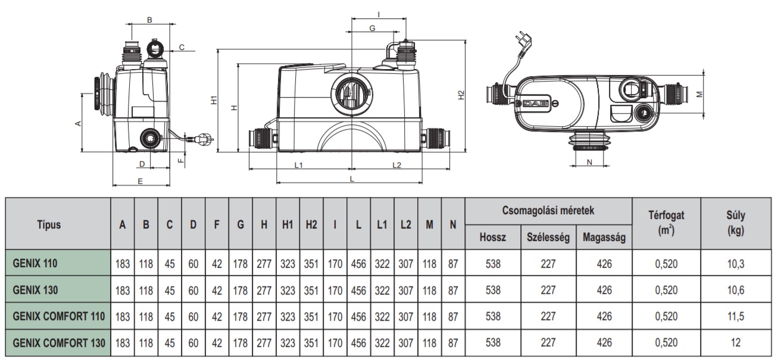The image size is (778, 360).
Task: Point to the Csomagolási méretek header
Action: point(548,210)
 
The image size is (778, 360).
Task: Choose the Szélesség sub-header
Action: point(548,237)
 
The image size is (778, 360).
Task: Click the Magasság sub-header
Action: point(604,237)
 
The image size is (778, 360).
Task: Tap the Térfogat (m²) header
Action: point(666,224)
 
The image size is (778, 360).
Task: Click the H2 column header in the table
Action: point(311,224)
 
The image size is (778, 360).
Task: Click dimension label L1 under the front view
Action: point(299,164)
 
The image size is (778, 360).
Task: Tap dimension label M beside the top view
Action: point(700,94)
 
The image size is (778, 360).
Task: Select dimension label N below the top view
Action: point(589,162)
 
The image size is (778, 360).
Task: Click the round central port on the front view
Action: point(351,95)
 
